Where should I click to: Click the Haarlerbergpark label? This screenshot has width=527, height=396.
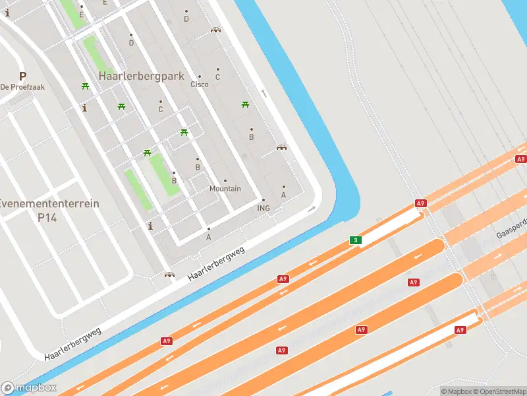[x=141, y=76]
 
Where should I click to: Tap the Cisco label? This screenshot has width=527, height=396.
[x=199, y=84]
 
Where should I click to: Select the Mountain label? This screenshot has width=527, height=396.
[x=225, y=189]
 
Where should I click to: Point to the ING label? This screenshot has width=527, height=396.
[x=263, y=208]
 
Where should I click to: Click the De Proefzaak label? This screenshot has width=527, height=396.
[x=22, y=87]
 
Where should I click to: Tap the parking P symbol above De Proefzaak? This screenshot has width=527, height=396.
[x=22, y=76]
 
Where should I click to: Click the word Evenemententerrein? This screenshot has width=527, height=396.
[x=49, y=203]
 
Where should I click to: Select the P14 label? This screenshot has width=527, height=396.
[x=49, y=216]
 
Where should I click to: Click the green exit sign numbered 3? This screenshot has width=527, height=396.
[x=356, y=240]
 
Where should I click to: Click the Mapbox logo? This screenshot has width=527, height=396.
[x=29, y=387]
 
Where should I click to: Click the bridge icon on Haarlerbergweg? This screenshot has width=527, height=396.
[x=169, y=275]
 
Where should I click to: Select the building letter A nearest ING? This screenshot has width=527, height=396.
[x=284, y=195]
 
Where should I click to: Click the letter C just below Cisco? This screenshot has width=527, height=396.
[x=217, y=77]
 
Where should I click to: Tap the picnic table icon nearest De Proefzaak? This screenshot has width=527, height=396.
[x=85, y=86]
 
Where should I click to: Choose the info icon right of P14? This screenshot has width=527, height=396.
[x=150, y=226]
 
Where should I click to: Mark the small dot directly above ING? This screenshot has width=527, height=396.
[x=263, y=200]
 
